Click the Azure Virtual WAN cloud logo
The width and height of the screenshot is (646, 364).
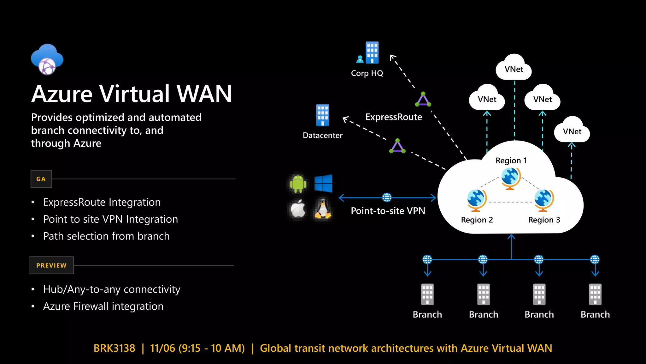tap(47, 59)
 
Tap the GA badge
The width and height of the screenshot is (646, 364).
tap(41, 179)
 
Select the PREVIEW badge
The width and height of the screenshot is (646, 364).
tap(51, 265)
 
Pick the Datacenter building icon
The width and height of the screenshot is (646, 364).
tap(322, 115)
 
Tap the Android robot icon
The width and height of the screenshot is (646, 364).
tap(298, 183)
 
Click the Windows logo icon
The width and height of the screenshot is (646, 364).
tap(323, 183)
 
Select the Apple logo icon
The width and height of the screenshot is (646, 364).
tap(298, 209)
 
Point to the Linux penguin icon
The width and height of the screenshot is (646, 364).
tap(323, 209)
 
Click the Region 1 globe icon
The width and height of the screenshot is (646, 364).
tap(511, 178)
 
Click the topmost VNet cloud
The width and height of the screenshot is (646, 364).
tap(514, 68)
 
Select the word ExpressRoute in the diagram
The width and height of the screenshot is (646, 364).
tap(394, 117)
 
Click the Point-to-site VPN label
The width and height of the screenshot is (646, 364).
tap(388, 211)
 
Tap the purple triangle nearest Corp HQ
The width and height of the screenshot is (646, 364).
tap(423, 100)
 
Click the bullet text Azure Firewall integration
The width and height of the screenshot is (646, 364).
tap(103, 306)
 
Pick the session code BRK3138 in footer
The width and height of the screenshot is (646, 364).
tap(114, 348)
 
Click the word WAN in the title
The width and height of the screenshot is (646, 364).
tap(204, 94)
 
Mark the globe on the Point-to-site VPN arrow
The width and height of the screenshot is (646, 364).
tap(387, 197)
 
